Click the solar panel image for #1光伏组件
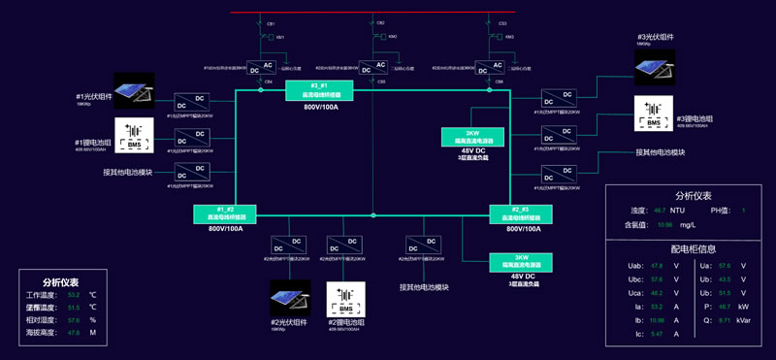pyautogui.click(x=135, y=90)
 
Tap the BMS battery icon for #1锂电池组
pyautogui.click(x=135, y=135)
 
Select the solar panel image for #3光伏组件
pyautogui.click(x=654, y=66)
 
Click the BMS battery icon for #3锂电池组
pyautogui.click(x=654, y=114)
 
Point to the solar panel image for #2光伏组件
pyautogui.click(x=290, y=298)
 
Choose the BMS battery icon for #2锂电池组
pyautogui.click(x=346, y=298)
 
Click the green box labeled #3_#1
pyautogui.click(x=319, y=90)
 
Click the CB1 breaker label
pyautogui.click(x=272, y=23)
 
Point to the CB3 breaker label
pyautogui.click(x=501, y=23)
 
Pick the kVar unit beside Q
pyautogui.click(x=744, y=319)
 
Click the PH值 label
pyautogui.click(x=721, y=210)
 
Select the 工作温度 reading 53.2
pyautogui.click(x=74, y=294)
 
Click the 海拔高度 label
pyautogui.click(x=40, y=332)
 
